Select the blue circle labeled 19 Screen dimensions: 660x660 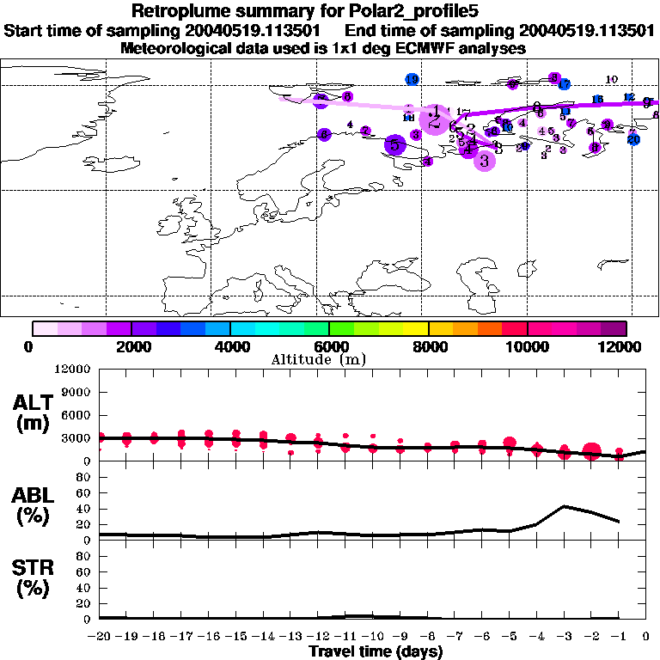tap(412, 80)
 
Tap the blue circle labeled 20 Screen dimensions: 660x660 tap(633, 139)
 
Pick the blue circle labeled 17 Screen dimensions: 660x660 tap(564, 84)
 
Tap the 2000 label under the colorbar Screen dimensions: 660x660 tap(130, 346)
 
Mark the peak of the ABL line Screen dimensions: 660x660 tap(564, 506)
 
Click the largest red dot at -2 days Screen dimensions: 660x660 tap(591, 451)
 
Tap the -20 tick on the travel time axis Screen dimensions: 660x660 tap(100, 638)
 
